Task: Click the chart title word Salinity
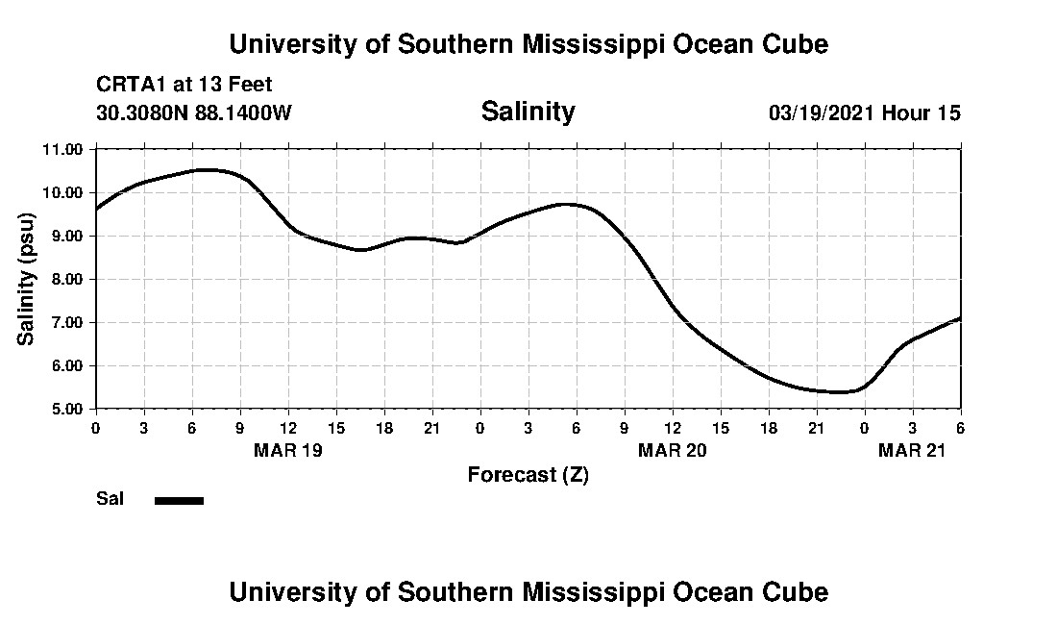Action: [528, 112]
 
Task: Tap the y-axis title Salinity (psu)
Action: [26, 278]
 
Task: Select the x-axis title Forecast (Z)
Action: [528, 474]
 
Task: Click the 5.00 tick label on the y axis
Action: [63, 409]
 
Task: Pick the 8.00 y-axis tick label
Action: [63, 279]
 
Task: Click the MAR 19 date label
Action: [287, 450]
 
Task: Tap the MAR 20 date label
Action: [672, 450]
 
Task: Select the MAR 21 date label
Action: [912, 450]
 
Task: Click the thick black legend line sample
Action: [180, 500]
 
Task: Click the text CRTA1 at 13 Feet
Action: [184, 85]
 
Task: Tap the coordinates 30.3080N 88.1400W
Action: [194, 112]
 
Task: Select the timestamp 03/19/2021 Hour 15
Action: [864, 112]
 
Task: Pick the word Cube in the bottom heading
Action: [797, 591]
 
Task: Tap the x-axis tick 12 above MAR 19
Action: [287, 426]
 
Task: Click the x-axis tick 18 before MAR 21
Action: [768, 426]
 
